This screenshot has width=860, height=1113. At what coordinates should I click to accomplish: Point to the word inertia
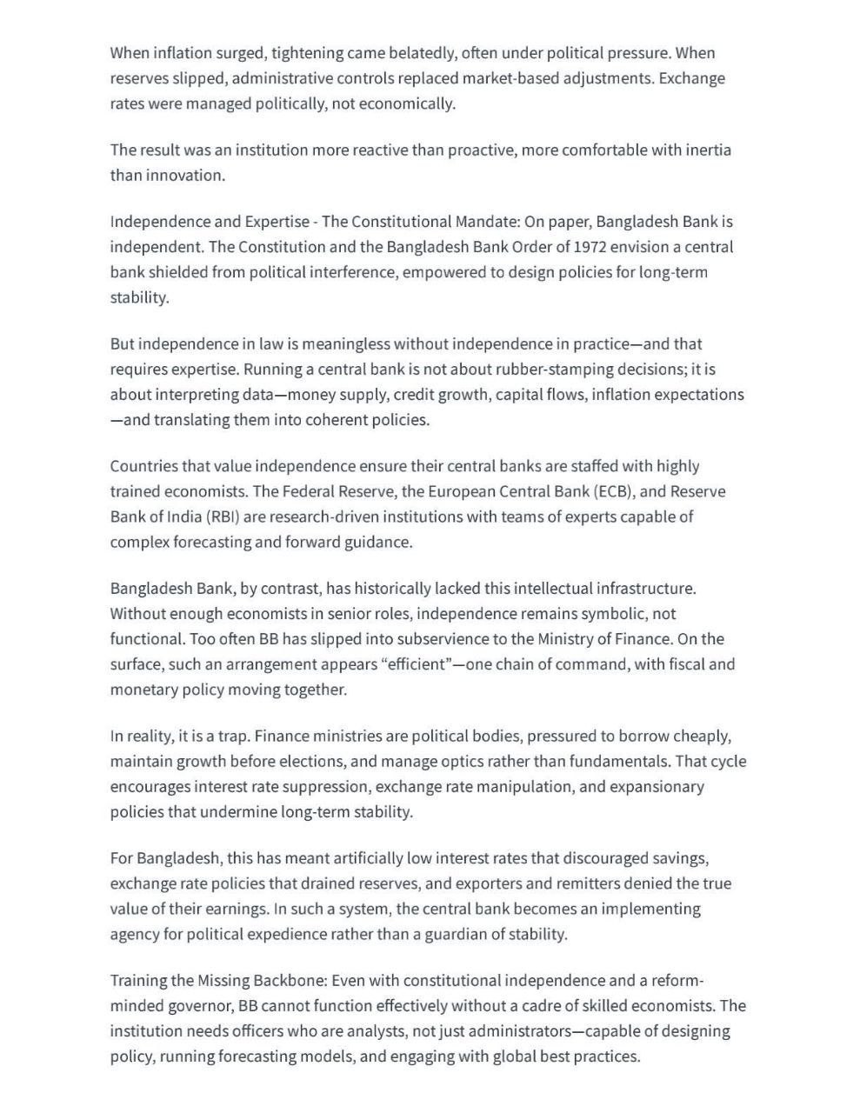coord(704,150)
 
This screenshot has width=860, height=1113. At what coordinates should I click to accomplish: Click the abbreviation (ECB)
coord(617,492)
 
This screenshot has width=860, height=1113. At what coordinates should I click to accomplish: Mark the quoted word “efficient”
coord(418,664)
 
